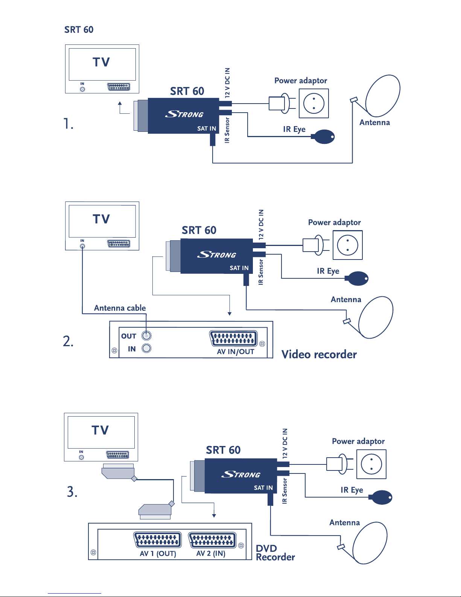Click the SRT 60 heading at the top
pyautogui.click(x=79, y=30)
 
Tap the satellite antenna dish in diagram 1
pyautogui.click(x=383, y=95)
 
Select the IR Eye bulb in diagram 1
pyautogui.click(x=325, y=136)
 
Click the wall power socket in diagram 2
pyautogui.click(x=347, y=245)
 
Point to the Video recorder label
pyautogui.click(x=319, y=354)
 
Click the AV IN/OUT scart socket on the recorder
pyautogui.click(x=234, y=339)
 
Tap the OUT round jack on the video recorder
pyautogui.click(x=146, y=336)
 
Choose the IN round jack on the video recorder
pyautogui.click(x=146, y=348)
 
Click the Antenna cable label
pyautogui.click(x=120, y=308)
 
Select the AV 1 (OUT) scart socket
pyautogui.click(x=158, y=541)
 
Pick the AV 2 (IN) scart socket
pyautogui.click(x=212, y=541)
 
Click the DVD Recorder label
pyautogui.click(x=275, y=553)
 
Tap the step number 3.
pyautogui.click(x=72, y=492)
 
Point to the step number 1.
pyautogui.click(x=68, y=124)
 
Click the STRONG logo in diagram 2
pyautogui.click(x=216, y=255)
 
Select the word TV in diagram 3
pyautogui.click(x=100, y=430)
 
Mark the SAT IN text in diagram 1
pyautogui.click(x=207, y=128)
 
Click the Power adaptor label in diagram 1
pyautogui.click(x=301, y=81)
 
